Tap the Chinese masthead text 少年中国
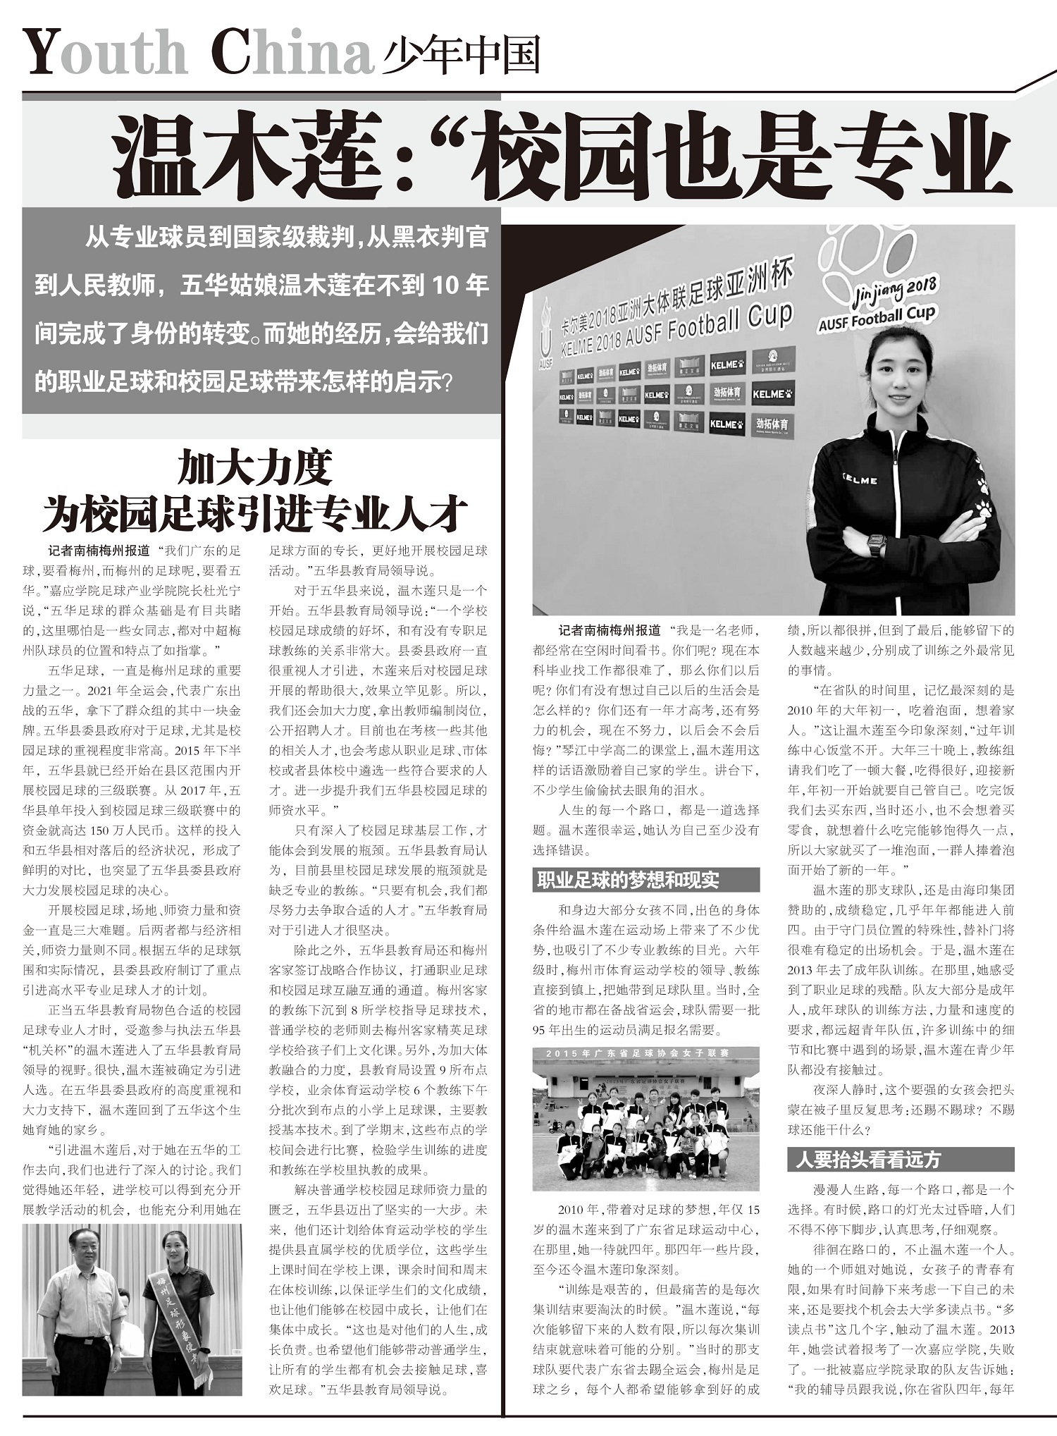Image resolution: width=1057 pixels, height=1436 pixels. point(462,55)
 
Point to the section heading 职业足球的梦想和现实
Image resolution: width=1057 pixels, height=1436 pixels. point(628,880)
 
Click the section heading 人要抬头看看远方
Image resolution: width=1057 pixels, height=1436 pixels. point(868,1160)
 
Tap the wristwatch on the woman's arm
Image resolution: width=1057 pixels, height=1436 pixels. point(876,544)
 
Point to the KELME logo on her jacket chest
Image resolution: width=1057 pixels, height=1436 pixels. point(860,479)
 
